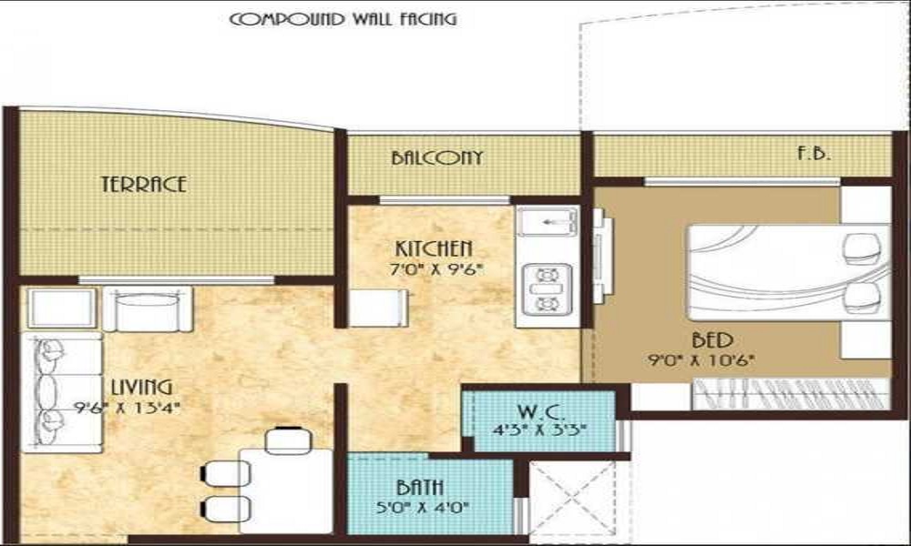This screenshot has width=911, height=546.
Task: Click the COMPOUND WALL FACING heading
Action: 343,19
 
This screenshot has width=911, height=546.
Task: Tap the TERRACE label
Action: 144,184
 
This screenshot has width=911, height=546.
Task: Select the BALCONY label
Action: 437,157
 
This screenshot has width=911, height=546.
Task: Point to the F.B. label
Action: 814,154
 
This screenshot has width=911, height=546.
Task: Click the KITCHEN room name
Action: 434,248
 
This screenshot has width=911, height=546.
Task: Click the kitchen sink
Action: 548,221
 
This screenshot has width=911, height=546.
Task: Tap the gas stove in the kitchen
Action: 547,289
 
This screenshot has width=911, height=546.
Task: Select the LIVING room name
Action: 142,387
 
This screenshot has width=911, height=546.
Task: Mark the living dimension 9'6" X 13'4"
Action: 128,408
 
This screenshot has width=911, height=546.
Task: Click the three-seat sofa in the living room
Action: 62,391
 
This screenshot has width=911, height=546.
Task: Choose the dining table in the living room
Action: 286,490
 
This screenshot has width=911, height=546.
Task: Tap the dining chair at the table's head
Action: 289,440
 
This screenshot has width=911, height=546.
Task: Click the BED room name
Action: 712,339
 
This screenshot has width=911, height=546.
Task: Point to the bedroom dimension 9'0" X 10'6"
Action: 701,360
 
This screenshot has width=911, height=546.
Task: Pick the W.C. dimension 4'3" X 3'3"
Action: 539,430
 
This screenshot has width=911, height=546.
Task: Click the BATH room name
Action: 420,487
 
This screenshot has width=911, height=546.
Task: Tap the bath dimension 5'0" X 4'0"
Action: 423,508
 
